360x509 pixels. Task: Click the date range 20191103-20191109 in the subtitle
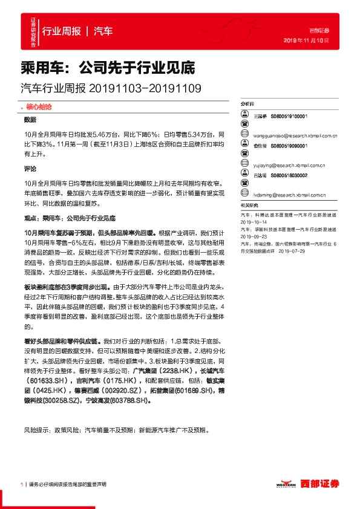[145, 88]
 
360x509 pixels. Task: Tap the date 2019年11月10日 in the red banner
[306, 40]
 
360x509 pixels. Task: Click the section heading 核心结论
[38, 106]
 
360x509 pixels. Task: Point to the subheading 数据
[30, 119]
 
